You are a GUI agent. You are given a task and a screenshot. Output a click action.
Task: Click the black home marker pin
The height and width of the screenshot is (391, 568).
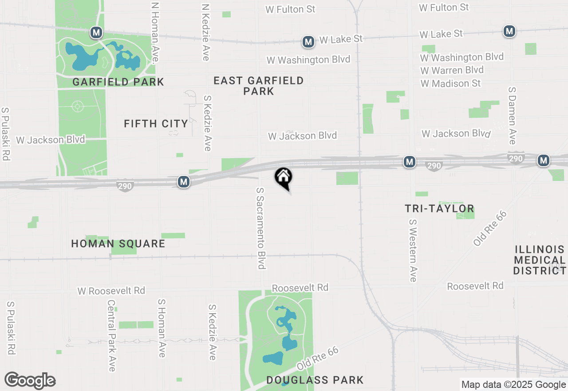pos(284,178)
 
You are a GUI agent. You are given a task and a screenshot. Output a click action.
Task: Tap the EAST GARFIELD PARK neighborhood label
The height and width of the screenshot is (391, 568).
pos(259,86)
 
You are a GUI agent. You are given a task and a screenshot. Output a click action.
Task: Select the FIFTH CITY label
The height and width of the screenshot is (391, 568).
pos(156,124)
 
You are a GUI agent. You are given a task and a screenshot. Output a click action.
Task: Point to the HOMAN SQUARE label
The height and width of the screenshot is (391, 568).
pos(118,243)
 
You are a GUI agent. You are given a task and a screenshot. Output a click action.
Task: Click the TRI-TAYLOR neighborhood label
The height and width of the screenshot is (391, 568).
pos(440,208)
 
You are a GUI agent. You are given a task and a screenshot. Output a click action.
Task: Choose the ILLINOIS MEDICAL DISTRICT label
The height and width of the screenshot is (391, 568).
pos(540,260)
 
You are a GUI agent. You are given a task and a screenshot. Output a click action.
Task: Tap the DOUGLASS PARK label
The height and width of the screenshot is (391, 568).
pos(315,380)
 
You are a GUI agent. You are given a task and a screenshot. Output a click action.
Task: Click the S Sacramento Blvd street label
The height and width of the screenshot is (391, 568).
pos(260,228)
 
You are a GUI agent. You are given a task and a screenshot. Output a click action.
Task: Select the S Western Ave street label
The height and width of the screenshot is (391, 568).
pos(413,250)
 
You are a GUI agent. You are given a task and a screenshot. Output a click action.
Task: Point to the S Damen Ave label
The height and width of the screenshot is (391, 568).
pos(513,115)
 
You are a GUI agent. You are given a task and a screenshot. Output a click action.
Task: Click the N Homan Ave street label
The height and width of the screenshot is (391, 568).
pos(155,32)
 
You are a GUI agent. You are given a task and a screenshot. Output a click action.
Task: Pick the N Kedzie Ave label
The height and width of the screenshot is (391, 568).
pos(205,32)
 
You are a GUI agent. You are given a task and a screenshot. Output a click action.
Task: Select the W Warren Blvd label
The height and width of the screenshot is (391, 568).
pos(452,70)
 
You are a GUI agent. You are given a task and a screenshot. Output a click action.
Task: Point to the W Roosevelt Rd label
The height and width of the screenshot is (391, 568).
pos(111,291)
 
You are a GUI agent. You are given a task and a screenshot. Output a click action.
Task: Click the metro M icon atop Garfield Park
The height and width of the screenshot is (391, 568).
pos(96,32)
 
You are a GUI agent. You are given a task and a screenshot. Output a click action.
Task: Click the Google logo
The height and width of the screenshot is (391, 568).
pos(30,380)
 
